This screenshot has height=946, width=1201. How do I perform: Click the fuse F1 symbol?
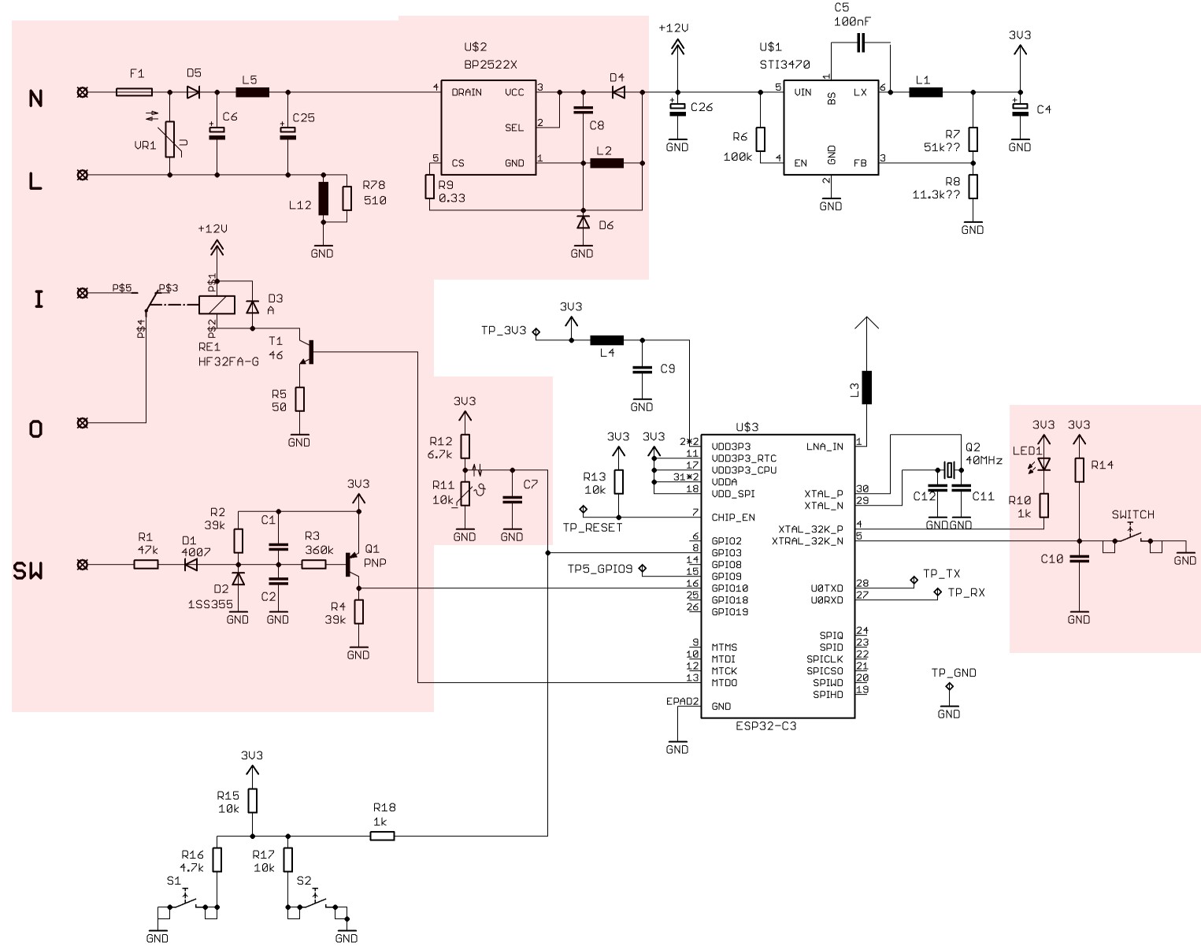pos(134,92)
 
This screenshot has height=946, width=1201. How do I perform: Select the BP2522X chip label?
pos(491,65)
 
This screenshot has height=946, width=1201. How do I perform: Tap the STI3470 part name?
pos(784,65)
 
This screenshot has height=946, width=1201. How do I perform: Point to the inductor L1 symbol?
pos(926,92)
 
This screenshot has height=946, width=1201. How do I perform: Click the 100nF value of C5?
pos(852,22)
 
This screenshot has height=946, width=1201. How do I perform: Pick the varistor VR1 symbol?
pos(170,139)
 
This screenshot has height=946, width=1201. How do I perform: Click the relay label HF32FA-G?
pos(228,362)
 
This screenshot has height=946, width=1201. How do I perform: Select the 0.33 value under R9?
pos(452,198)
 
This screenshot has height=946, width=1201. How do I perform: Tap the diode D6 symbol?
pos(583,222)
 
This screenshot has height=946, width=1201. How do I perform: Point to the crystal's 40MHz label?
pos(984,461)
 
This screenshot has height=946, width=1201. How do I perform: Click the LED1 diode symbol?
pos(1043,464)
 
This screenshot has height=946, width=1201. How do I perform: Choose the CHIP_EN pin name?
pos(732,518)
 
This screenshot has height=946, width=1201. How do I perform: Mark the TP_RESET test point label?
pos(592,528)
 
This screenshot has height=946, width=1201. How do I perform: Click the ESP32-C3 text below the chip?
pos(765,726)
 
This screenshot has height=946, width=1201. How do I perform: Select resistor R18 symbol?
pos(382,836)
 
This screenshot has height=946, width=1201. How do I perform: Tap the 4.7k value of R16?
pos(191,868)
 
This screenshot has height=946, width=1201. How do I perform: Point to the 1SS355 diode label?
pos(210,604)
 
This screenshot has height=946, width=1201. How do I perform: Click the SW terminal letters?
pos(28,571)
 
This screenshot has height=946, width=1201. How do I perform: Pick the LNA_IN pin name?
pos(825,447)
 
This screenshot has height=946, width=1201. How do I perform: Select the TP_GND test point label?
pos(953,673)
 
